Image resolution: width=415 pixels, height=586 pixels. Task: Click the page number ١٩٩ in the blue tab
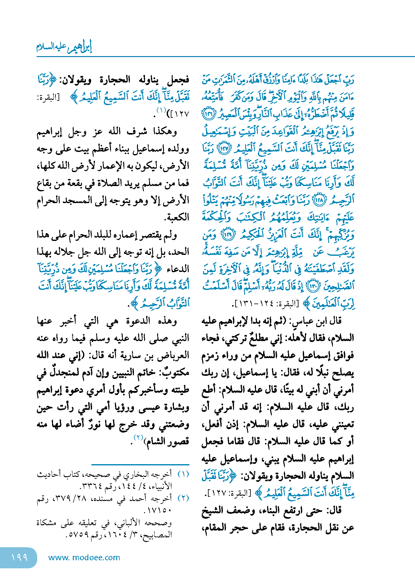[x=20, y=557]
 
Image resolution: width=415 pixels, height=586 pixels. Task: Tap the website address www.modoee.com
[x=84, y=557]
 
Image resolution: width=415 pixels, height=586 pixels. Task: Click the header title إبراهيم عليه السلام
[x=64, y=47]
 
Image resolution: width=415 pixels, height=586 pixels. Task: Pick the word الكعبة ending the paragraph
[x=177, y=217]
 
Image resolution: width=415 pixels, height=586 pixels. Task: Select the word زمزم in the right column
[x=211, y=355]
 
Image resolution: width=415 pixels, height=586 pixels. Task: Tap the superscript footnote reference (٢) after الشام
[x=138, y=437]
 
